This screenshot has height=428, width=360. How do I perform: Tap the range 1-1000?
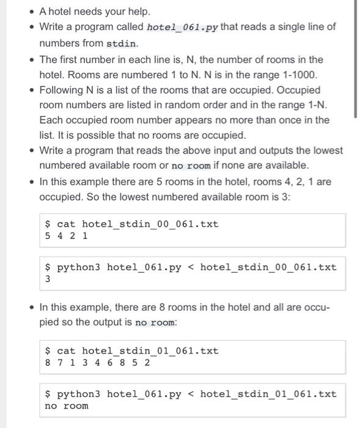pos(298,75)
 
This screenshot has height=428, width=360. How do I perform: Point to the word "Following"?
pos(61,90)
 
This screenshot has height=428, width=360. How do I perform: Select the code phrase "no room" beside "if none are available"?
pos(191,166)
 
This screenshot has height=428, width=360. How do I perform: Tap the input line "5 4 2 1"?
pos(67,235)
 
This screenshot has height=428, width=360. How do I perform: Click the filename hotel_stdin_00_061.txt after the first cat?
pos(150,224)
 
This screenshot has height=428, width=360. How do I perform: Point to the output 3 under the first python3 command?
pos(48,279)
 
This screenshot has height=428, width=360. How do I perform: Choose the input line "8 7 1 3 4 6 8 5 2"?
pos(98,363)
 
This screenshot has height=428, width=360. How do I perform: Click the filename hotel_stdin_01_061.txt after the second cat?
pos(150,351)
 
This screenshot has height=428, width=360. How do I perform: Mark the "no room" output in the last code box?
pos(67,406)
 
